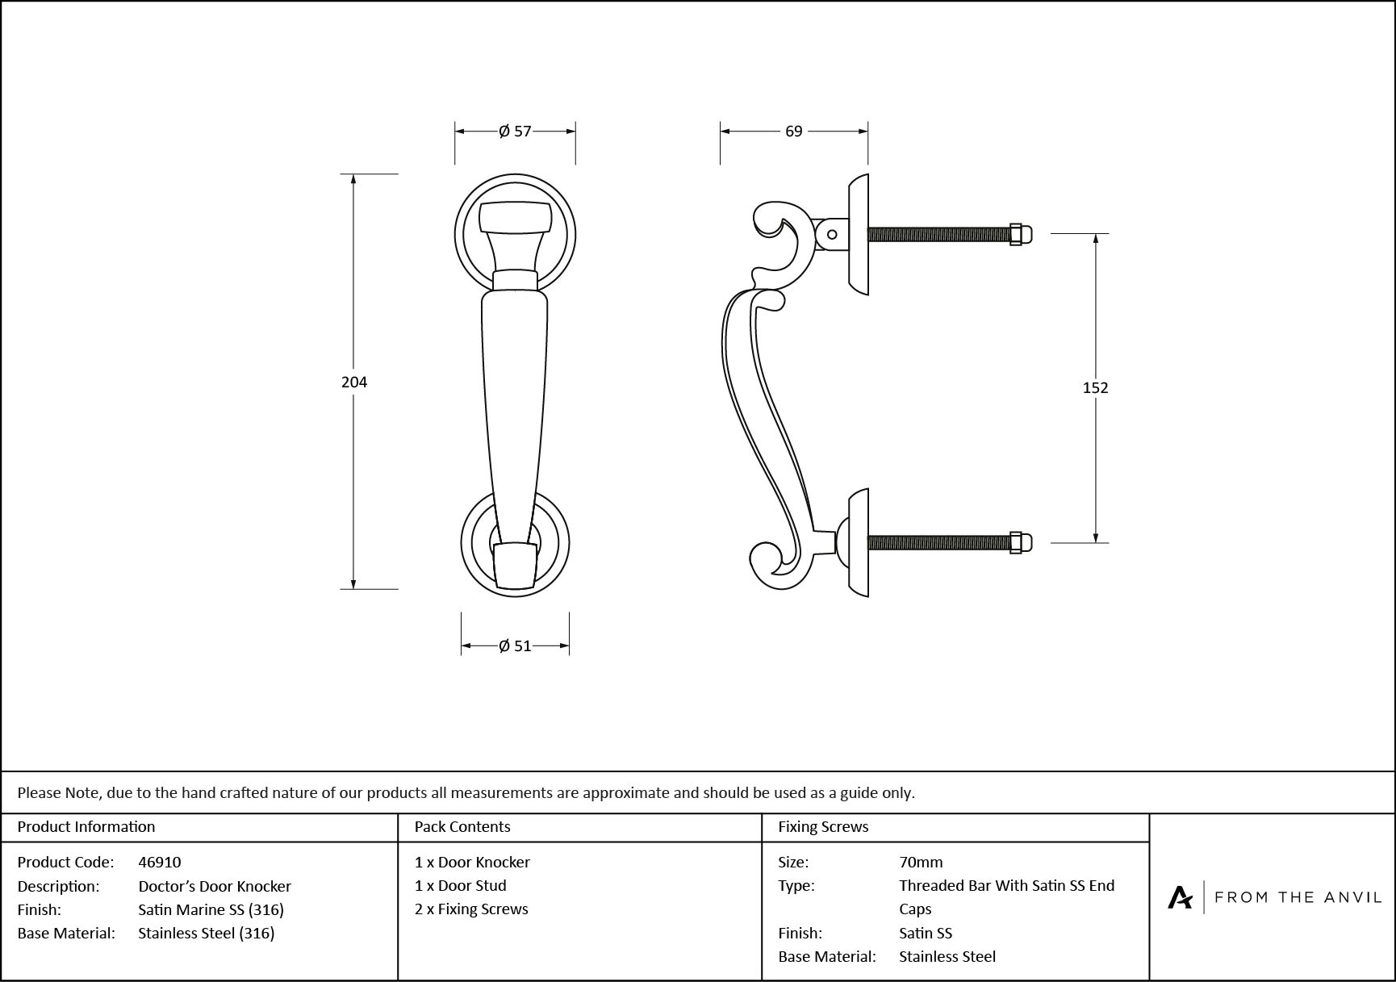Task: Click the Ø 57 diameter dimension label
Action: (515, 131)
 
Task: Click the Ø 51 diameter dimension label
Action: (515, 646)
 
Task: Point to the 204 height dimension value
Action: (354, 382)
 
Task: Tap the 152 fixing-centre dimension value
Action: (1095, 387)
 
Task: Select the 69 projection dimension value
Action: (794, 131)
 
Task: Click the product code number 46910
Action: (160, 862)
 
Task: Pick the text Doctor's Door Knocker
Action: (215, 886)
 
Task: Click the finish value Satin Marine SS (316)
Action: (211, 909)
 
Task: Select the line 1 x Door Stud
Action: (461, 885)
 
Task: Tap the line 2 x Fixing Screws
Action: (471, 909)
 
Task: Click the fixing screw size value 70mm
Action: (921, 862)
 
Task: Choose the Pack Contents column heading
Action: (462, 826)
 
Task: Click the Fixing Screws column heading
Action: (823, 826)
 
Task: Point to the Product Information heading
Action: (86, 826)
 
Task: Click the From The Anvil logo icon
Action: (1180, 896)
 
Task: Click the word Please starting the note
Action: (39, 792)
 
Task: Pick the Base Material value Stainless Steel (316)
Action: (207, 933)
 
